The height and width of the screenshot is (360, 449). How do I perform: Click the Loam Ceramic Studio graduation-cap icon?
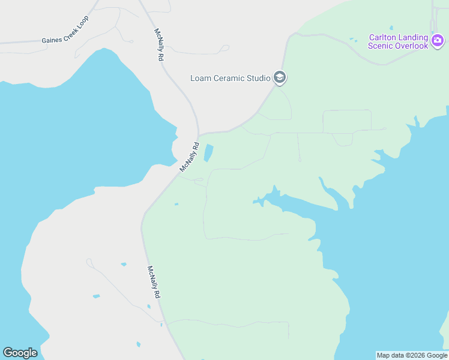(x=279, y=77)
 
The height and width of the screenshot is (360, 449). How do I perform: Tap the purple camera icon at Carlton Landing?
(x=438, y=41)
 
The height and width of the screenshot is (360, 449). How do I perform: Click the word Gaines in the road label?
(x=52, y=41)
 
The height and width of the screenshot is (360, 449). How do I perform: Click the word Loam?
(x=200, y=78)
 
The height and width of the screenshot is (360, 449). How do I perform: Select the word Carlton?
(x=384, y=37)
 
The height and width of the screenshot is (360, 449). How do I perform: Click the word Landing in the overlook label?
(x=415, y=37)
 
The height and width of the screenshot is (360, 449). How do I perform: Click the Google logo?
(x=20, y=353)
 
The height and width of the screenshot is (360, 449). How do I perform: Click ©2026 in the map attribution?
(x=415, y=355)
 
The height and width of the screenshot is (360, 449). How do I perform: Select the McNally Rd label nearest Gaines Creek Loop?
(x=159, y=45)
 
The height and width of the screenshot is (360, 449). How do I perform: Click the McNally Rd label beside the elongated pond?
(x=189, y=157)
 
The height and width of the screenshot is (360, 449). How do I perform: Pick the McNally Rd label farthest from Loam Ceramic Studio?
(x=154, y=283)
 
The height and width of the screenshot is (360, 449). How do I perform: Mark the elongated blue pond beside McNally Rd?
(x=208, y=153)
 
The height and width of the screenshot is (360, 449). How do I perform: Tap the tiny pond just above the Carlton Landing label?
(x=391, y=28)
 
